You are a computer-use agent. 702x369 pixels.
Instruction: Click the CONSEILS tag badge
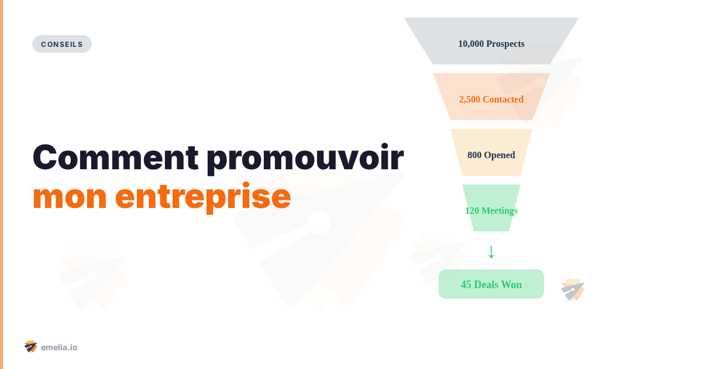click(x=62, y=44)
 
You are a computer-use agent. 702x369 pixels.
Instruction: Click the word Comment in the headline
click(x=115, y=158)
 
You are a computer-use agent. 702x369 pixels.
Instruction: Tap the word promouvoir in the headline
click(x=305, y=158)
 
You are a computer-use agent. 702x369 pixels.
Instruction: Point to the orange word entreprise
click(x=203, y=197)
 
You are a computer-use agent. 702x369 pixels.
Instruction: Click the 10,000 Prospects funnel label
click(x=491, y=44)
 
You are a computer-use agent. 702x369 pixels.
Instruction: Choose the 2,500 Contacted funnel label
click(x=491, y=100)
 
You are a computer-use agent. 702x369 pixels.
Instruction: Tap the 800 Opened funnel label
click(x=491, y=155)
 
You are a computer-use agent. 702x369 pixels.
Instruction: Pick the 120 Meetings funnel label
click(x=491, y=211)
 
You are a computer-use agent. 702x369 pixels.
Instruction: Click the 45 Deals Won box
click(x=491, y=284)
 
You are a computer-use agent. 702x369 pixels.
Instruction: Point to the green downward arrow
click(x=491, y=251)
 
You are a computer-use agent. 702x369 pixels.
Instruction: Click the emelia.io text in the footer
click(x=59, y=347)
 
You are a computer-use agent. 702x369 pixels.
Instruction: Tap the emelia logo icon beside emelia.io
click(x=31, y=347)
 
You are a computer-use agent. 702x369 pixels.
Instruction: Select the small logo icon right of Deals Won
click(x=573, y=290)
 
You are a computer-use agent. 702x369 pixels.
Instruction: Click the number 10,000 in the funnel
click(x=471, y=44)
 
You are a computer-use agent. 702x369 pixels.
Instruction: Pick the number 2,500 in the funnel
click(x=470, y=100)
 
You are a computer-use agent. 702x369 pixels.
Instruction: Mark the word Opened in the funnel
click(x=500, y=155)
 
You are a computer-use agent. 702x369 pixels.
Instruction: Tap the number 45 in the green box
click(x=466, y=285)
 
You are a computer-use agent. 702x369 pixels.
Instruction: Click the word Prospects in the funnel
click(x=505, y=44)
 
